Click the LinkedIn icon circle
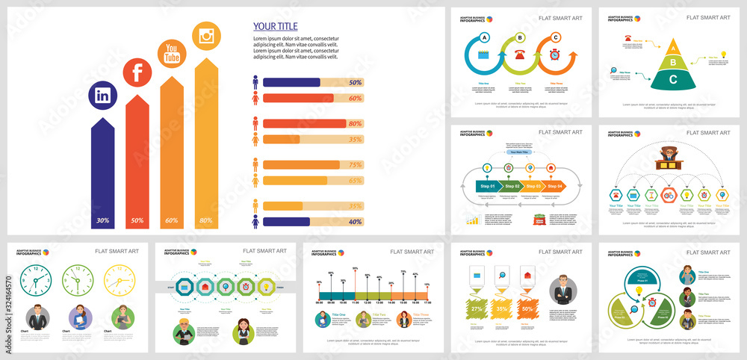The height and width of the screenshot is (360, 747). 103,96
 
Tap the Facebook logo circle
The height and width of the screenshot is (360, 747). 137,72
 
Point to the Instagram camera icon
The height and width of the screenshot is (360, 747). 207,35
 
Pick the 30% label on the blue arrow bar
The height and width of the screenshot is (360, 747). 103,220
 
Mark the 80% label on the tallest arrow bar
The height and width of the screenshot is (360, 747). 206,220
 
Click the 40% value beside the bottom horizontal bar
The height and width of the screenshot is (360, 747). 356,221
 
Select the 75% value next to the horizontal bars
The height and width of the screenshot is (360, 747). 356,165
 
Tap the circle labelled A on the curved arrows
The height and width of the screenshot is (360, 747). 485,37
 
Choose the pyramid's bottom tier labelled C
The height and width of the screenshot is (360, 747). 674,79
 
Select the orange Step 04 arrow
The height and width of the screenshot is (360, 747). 554,186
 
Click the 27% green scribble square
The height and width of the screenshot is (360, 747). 476,308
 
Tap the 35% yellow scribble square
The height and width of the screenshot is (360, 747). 502,308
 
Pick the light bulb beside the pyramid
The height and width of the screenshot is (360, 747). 722,54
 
